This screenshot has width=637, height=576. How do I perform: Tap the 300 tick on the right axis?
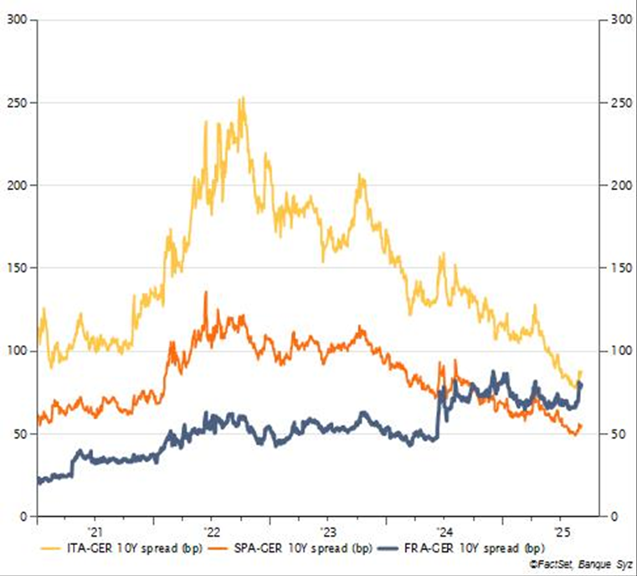point(617,20)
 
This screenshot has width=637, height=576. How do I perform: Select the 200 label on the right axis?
point(617,185)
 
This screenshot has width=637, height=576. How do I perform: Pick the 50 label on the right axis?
point(614,434)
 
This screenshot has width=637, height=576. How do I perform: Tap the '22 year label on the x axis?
point(211,532)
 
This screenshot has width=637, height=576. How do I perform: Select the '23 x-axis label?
point(328,532)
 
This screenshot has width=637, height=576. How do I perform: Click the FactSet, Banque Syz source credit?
point(581,566)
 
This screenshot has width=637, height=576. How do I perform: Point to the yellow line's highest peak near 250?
point(242,98)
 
